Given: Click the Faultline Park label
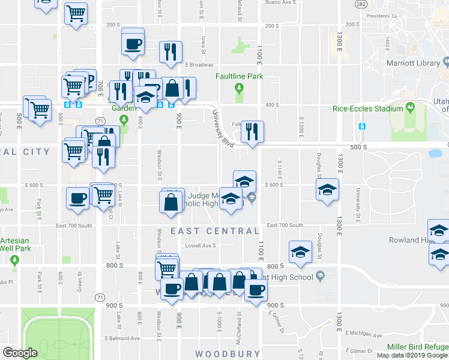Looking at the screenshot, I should pyautogui.click(x=240, y=76).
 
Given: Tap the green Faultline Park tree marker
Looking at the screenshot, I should pyautogui.click(x=240, y=89).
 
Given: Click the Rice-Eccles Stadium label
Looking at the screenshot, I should pyautogui.click(x=368, y=109).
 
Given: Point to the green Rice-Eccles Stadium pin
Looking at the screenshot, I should pyautogui.click(x=411, y=108).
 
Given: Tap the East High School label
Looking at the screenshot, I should pyautogui.click(x=288, y=277).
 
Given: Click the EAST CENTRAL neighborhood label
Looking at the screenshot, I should pyautogui.click(x=215, y=231).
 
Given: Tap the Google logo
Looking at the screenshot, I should pyautogui.click(x=20, y=352).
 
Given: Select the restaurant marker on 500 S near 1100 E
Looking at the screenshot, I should pyautogui.click(x=252, y=131).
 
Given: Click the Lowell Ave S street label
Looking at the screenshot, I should pyautogui.click(x=200, y=245).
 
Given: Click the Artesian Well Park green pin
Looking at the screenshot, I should pyautogui.click(x=14, y=260).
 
